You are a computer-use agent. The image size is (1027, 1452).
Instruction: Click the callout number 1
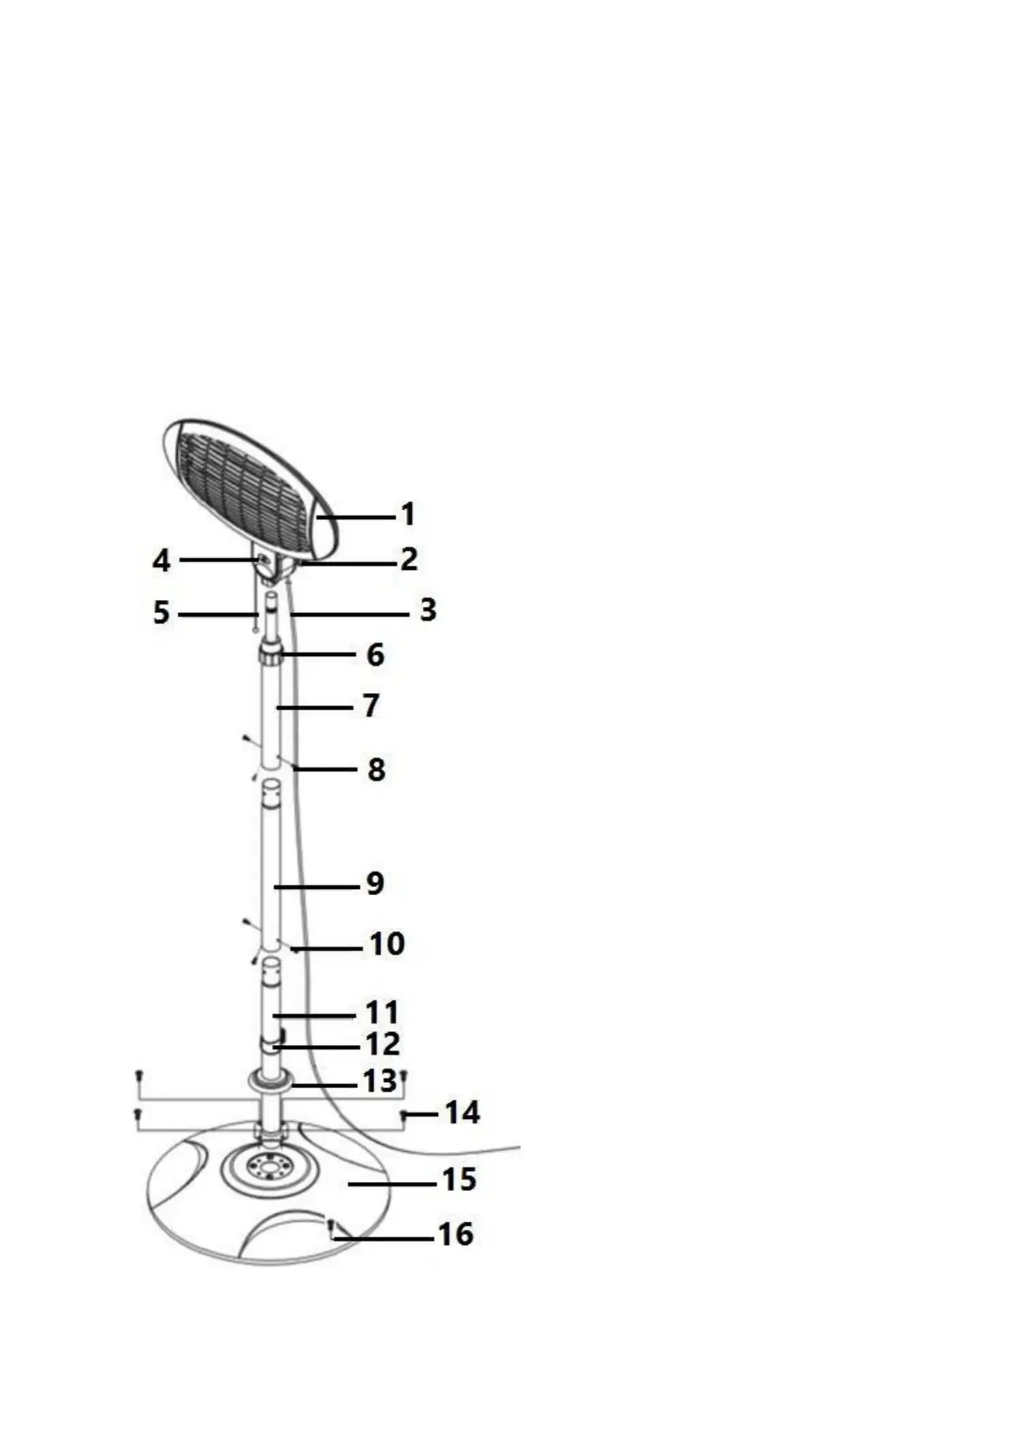(x=408, y=515)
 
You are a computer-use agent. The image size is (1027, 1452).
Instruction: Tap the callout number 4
(x=161, y=561)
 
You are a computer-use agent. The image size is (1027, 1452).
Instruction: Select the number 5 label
(x=161, y=614)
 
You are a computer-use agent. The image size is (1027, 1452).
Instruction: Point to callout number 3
(x=428, y=610)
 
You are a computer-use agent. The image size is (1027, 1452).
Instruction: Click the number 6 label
(x=375, y=655)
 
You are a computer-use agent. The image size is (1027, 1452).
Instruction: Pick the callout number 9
(x=375, y=884)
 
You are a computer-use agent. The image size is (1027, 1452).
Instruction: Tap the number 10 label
(x=387, y=944)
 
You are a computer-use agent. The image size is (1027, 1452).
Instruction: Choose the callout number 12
(x=383, y=1045)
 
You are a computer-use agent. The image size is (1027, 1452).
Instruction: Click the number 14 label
(x=462, y=1113)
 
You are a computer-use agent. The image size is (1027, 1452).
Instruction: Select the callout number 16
(x=456, y=1235)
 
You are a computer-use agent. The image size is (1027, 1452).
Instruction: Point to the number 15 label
(x=459, y=1180)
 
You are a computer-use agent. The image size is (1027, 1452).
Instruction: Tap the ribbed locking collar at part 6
(x=271, y=658)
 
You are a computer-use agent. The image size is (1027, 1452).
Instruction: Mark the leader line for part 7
(x=315, y=707)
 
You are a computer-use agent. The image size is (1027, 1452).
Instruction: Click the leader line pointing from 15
(x=392, y=1184)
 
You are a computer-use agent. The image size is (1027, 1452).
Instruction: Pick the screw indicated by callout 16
(x=331, y=1225)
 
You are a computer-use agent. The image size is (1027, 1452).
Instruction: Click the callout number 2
(x=409, y=560)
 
